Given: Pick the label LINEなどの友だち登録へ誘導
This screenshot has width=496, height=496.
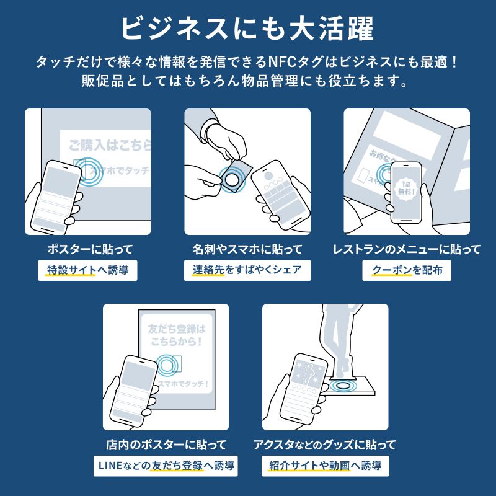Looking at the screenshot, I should point(166,465).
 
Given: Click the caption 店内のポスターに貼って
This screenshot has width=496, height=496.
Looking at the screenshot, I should point(166,445).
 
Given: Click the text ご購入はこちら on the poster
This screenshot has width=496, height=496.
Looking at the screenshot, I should point(109,146).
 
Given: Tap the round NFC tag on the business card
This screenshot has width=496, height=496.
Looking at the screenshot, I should point(234,178).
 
